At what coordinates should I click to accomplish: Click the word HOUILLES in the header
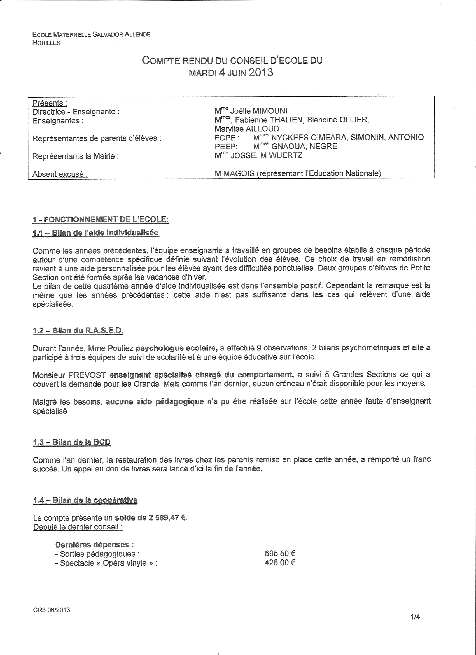[x=46, y=43]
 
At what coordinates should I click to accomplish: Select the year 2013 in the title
[x=260, y=73]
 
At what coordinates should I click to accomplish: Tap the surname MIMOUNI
[x=270, y=111]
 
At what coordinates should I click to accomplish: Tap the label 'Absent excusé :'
[x=60, y=175]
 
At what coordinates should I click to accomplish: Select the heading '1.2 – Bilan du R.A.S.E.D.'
[x=78, y=331]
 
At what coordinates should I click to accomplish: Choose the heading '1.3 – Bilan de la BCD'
[x=72, y=442]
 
